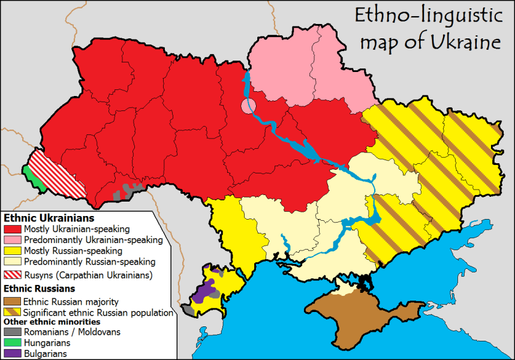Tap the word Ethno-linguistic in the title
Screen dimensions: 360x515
(x=427, y=15)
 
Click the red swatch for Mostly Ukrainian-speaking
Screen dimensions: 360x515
(x=13, y=229)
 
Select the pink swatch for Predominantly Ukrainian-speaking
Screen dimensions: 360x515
(x=13, y=240)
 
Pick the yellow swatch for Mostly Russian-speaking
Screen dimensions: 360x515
(x=13, y=251)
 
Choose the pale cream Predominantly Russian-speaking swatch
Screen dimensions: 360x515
(x=13, y=262)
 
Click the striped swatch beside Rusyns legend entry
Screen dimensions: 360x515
(x=13, y=275)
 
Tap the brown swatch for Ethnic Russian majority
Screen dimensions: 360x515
(x=13, y=302)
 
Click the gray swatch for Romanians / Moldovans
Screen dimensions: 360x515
(x=13, y=332)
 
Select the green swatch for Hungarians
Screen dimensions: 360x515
(x=13, y=343)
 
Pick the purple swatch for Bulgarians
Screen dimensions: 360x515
(x=13, y=353)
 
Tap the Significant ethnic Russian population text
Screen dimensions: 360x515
(x=98, y=313)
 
